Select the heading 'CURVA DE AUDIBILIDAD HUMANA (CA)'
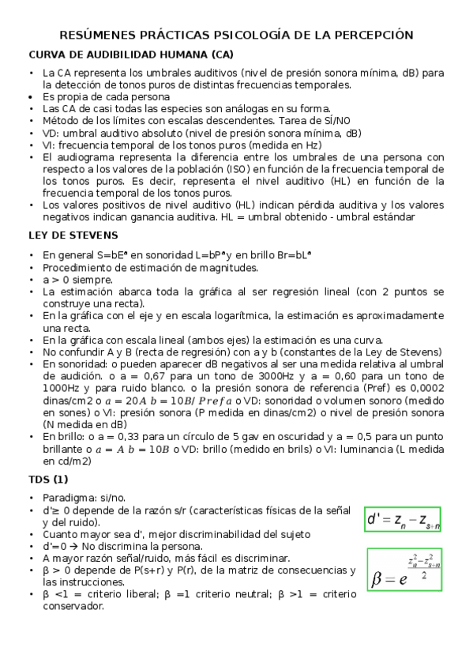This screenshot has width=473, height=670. click(131, 55)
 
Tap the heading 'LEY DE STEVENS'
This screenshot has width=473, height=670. click(73, 235)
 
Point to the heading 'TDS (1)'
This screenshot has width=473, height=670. click(49, 478)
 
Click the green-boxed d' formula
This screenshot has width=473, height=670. click(403, 519)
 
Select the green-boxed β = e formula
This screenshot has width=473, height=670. click(404, 570)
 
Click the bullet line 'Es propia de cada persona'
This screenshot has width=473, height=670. click(106, 96)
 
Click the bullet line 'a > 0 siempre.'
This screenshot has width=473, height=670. click(77, 280)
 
